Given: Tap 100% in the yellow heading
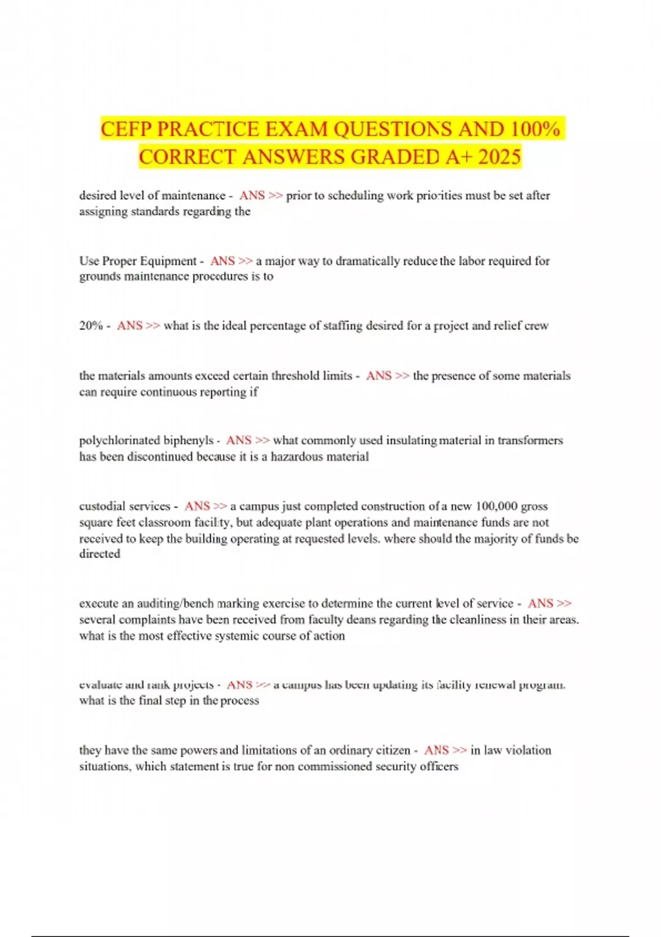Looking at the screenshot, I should tap(535, 130).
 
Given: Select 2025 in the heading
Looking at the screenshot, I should tap(500, 157).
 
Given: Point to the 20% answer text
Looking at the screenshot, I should tap(91, 326).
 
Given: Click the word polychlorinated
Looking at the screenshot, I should tap(119, 440).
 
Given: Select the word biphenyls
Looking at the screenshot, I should tap(187, 440).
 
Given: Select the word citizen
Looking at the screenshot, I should tap(393, 750).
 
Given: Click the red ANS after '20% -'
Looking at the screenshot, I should tap(130, 326).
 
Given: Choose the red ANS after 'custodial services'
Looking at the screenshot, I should tap(197, 506).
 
